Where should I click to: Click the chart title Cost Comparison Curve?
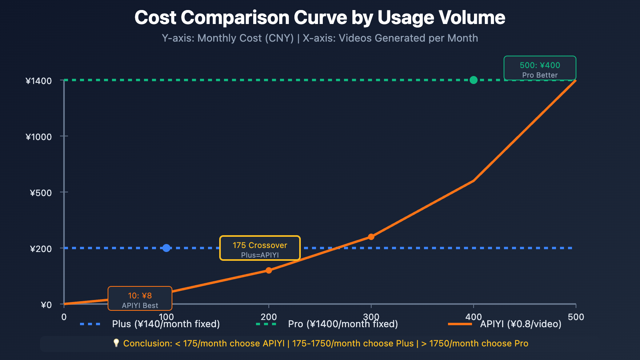click(320, 18)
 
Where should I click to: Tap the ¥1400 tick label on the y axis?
click(39, 81)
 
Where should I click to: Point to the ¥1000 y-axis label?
click(39, 137)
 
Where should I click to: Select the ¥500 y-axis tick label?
click(41, 193)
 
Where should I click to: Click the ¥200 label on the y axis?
click(41, 249)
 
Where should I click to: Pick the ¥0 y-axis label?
click(46, 305)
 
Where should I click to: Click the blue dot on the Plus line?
click(166, 248)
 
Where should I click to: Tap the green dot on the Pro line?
click(474, 80)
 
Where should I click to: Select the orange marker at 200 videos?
click(269, 270)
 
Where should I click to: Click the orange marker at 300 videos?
click(371, 237)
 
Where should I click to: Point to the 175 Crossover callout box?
click(260, 248)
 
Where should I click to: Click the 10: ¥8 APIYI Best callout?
click(140, 298)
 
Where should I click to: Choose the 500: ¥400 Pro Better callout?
click(540, 68)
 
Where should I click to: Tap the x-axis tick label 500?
click(576, 317)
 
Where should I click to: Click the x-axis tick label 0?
click(64, 317)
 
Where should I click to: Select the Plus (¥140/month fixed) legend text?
click(166, 324)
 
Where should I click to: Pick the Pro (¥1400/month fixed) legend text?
click(343, 324)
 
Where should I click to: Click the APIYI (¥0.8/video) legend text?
click(520, 324)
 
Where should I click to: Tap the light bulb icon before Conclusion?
click(116, 343)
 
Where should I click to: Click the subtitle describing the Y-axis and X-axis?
click(320, 38)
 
